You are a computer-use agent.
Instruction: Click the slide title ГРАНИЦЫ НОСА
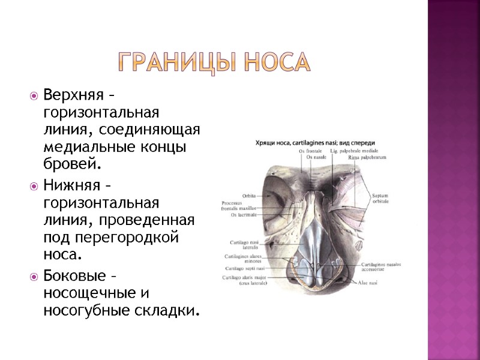(x=214, y=62)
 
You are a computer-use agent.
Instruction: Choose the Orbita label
(x=249, y=196)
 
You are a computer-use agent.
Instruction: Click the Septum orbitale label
(x=380, y=199)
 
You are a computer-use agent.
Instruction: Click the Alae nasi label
(x=369, y=283)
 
